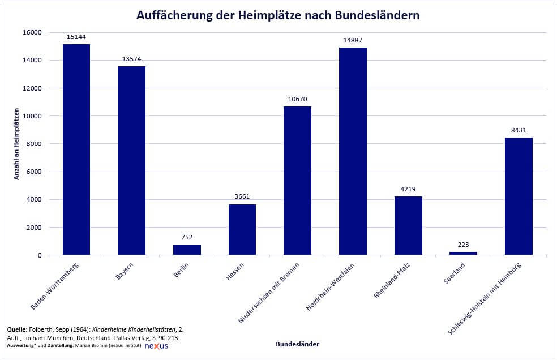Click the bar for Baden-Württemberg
pyautogui.click(x=76, y=149)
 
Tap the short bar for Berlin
pyautogui.click(x=187, y=250)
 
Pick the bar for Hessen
pyautogui.click(x=242, y=229)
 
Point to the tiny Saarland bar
pyautogui.click(x=463, y=254)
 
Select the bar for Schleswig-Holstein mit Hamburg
pyautogui.click(x=519, y=196)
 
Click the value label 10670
pyautogui.click(x=297, y=100)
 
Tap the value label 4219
pyautogui.click(x=408, y=190)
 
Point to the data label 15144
pyautogui.click(x=76, y=37)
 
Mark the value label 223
pyautogui.click(x=463, y=245)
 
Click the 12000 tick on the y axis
pyautogui.click(x=32, y=88)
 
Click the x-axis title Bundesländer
pyautogui.click(x=297, y=344)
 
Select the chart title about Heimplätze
pyautogui.click(x=278, y=15)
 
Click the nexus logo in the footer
pyautogui.click(x=156, y=346)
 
